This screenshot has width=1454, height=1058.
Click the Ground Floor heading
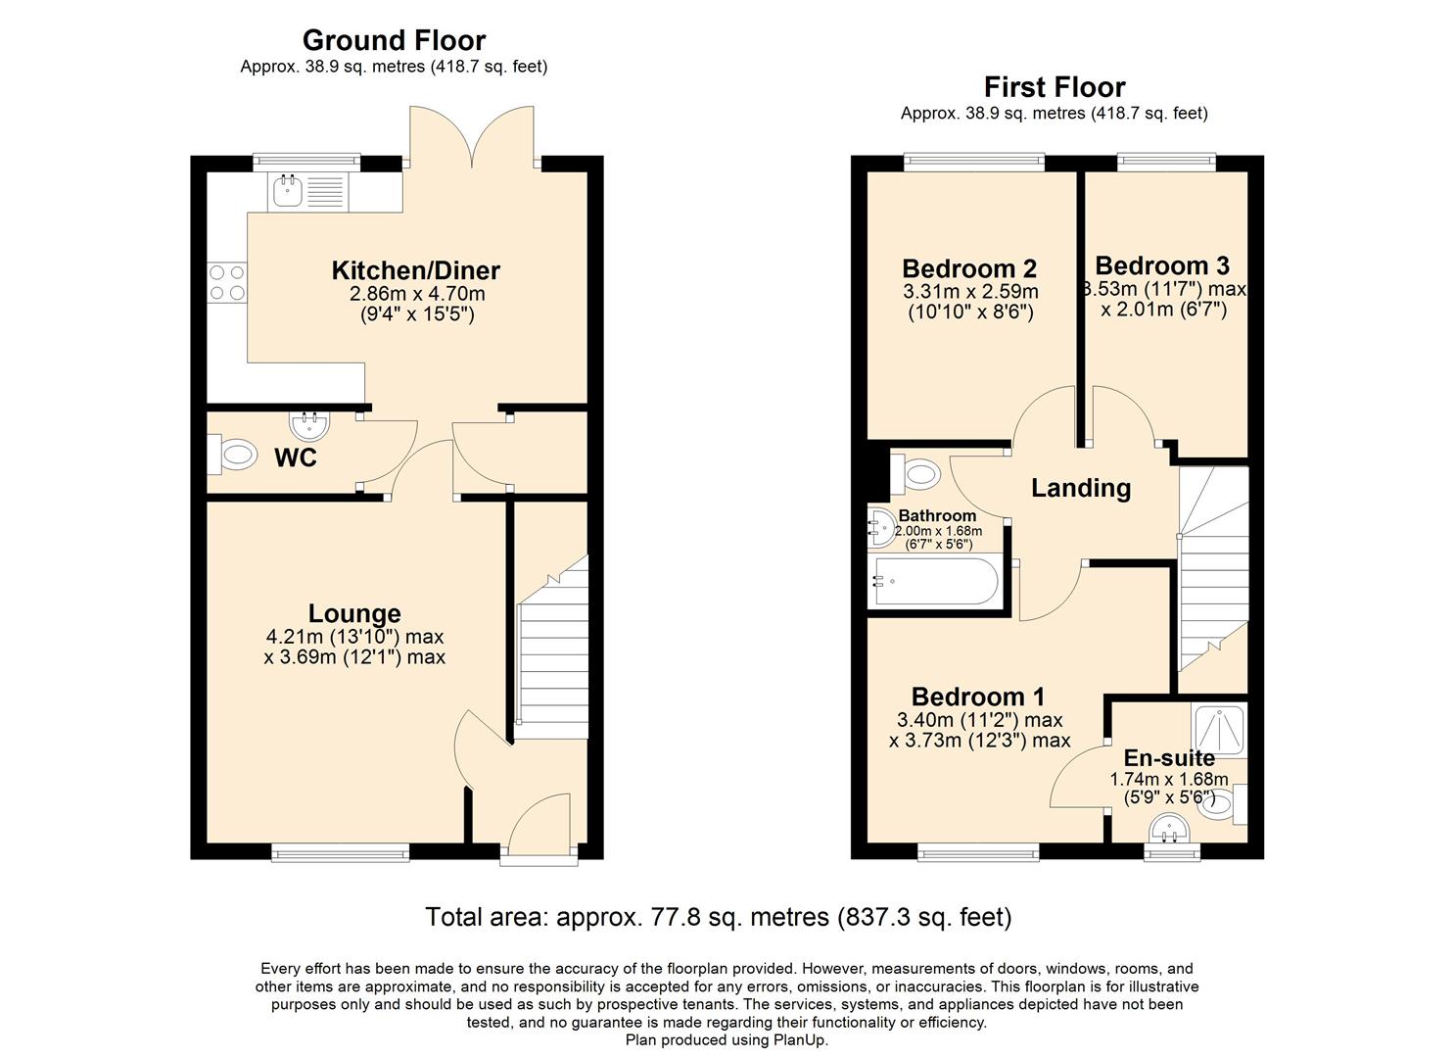coord(394,40)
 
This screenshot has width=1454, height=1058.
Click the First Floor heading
coord(1054,87)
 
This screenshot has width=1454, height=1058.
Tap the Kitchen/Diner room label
coord(416,270)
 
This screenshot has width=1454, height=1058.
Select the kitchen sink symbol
coord(287,191)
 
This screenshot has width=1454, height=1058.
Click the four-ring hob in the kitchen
coord(226,282)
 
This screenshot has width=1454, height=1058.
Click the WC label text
coord(296,457)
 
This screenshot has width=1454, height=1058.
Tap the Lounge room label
coord(354,613)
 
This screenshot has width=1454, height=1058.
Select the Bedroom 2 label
coord(969,268)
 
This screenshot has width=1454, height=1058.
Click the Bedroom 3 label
coord(1162,265)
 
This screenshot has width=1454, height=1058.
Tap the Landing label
coord(1081,488)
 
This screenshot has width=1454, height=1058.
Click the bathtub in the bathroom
coord(936,581)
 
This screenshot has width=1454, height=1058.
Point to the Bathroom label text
coord(937,515)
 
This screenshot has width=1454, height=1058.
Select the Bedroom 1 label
coord(978,697)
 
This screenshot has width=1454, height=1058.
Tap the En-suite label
coord(1169,758)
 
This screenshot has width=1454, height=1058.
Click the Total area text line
coord(719,917)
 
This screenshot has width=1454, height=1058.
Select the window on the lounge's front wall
coord(341,853)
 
